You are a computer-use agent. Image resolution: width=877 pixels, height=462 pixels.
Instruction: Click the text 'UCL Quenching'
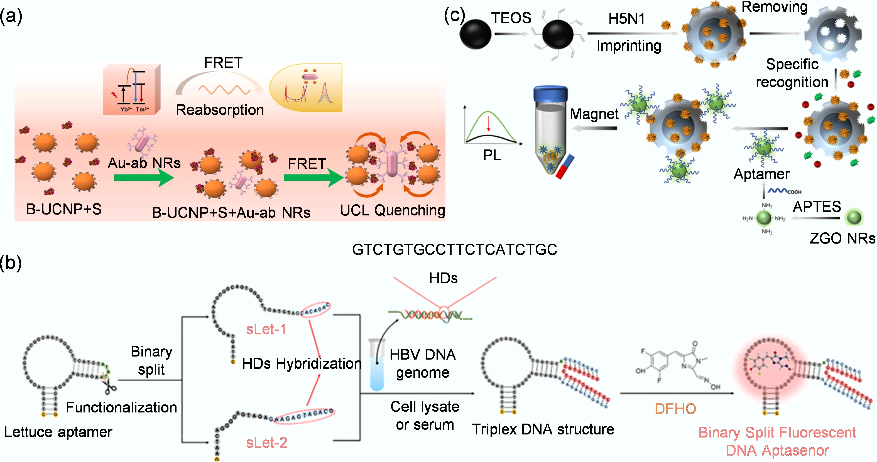click(x=392, y=210)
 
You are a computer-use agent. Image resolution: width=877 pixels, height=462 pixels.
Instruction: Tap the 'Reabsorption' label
click(x=220, y=110)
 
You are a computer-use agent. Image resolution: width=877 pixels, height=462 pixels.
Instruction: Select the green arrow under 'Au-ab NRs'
click(x=143, y=178)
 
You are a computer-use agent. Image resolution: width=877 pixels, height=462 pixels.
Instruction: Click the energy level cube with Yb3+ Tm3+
click(x=131, y=89)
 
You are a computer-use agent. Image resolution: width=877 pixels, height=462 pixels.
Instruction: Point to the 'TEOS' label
click(x=511, y=18)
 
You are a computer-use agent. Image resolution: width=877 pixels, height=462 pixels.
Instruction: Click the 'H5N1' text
click(x=626, y=18)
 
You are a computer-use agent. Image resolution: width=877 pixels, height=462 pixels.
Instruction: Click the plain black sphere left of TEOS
click(x=475, y=34)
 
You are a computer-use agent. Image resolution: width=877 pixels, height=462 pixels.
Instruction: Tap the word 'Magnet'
click(x=594, y=114)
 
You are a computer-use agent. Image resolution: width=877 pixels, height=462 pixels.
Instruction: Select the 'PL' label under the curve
click(x=492, y=155)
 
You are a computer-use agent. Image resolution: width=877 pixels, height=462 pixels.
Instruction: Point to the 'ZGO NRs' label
click(x=842, y=238)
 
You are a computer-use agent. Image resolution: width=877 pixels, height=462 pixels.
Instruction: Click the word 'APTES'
click(x=817, y=207)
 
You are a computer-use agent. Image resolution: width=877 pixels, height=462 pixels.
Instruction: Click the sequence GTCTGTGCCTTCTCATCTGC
click(x=454, y=249)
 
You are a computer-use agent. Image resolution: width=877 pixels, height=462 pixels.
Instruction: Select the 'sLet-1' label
click(x=266, y=329)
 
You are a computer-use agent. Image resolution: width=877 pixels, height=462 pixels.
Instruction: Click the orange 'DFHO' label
click(x=675, y=409)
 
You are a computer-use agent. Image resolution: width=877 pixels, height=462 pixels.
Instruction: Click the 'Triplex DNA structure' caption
click(x=543, y=429)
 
